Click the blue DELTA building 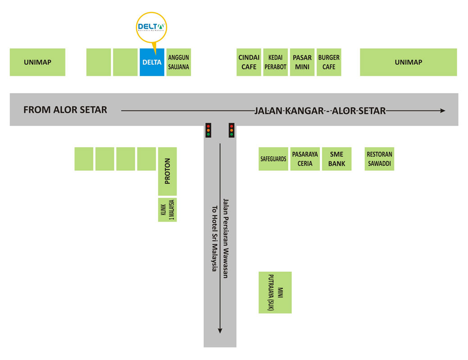coord(152,62)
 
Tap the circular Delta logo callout coord(152,27)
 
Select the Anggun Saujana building coord(179,62)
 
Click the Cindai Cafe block coord(249,62)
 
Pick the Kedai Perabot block coord(276,62)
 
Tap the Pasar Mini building coord(302,62)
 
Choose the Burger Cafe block coord(329,62)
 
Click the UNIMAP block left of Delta coord(37,62)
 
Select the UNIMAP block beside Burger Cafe coord(408,62)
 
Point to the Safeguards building coord(273,159)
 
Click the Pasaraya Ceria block coord(305,159)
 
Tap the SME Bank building coord(336,159)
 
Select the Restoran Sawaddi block coord(379,159)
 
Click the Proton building coord(168,171)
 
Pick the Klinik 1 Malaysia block coord(168,210)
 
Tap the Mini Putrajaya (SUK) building coord(275,292)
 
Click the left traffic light coord(208,130)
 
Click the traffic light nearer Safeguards coord(232,130)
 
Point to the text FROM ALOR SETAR coord(65,110)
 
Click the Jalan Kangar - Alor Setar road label coord(320,111)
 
